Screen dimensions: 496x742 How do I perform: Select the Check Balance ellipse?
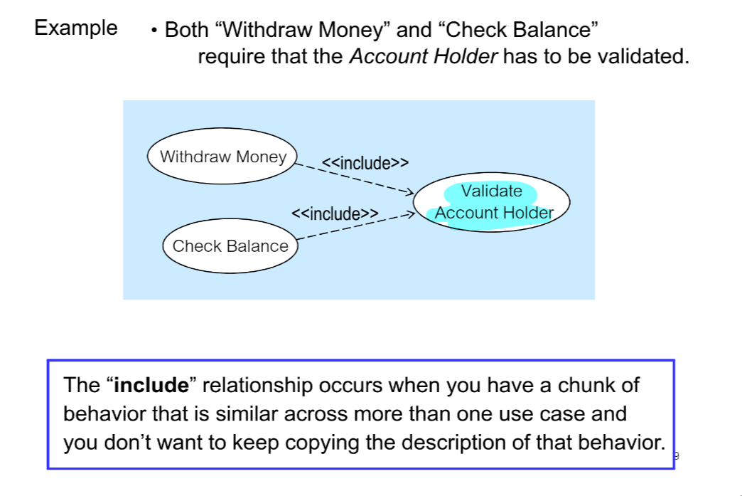point(230,246)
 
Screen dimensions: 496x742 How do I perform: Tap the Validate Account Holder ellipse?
point(493,202)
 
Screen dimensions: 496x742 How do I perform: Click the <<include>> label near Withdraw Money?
point(365,163)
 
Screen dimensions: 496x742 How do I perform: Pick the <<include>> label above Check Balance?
point(334,213)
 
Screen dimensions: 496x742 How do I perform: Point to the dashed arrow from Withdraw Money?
point(355,179)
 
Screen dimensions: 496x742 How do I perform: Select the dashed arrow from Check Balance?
point(355,224)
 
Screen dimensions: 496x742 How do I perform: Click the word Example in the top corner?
point(76,28)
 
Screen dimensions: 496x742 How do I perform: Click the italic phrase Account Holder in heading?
point(424,57)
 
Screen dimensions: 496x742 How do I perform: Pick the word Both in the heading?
point(185,31)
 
